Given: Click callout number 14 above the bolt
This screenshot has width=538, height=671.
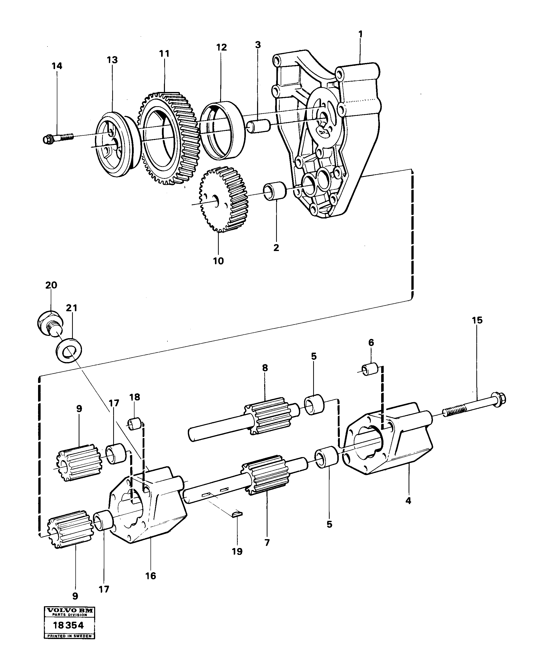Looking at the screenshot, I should [x=57, y=66].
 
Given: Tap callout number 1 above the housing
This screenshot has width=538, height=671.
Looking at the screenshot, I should [x=361, y=34].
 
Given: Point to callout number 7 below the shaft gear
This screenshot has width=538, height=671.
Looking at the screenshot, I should [x=267, y=542].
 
